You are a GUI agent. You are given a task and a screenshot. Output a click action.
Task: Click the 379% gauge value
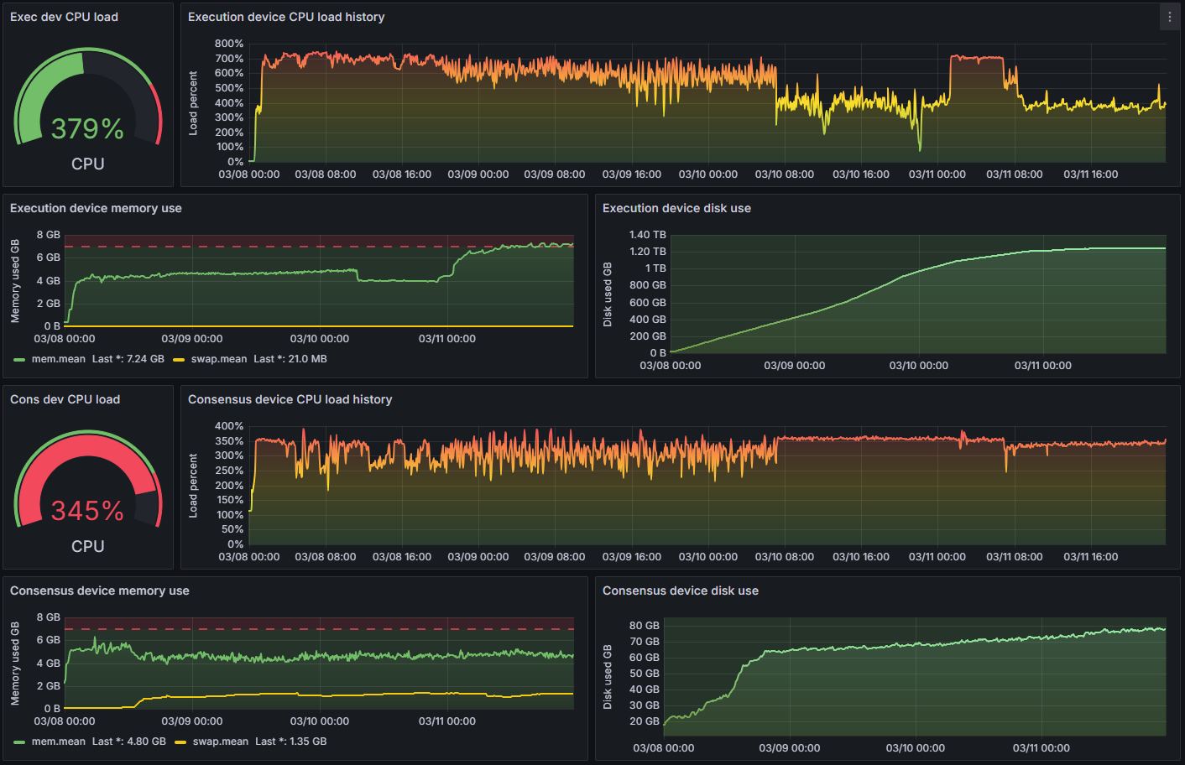point(87,129)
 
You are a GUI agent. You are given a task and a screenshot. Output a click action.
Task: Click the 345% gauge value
point(87,511)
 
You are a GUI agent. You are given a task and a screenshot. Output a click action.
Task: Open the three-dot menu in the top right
point(1170,17)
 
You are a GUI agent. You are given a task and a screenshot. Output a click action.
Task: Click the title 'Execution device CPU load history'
point(286,17)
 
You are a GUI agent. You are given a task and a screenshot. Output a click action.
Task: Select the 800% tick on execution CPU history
point(229,44)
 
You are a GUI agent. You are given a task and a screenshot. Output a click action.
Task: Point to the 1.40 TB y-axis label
point(647,235)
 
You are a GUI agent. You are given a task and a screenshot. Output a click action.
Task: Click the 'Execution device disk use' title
point(676,208)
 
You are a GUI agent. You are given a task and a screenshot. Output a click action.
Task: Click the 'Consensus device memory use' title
point(100,591)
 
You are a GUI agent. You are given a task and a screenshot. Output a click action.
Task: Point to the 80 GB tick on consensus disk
point(644,626)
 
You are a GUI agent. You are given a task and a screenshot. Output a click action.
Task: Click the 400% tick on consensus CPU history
point(229,426)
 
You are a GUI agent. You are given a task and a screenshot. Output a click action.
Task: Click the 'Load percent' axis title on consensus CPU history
point(193,486)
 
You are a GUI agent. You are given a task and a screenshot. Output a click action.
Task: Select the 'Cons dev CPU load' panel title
point(65,399)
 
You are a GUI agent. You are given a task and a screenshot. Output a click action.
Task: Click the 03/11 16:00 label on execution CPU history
point(1090,174)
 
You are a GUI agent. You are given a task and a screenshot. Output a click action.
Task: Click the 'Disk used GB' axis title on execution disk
point(608,294)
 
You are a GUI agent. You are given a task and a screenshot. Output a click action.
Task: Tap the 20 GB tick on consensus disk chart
point(644,721)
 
